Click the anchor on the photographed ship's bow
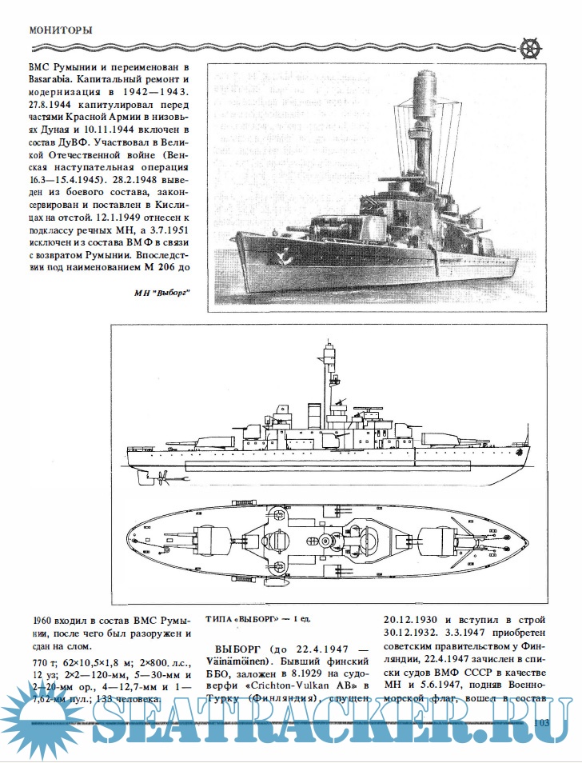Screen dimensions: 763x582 [282, 258]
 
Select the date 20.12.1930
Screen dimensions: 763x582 [417, 620]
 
